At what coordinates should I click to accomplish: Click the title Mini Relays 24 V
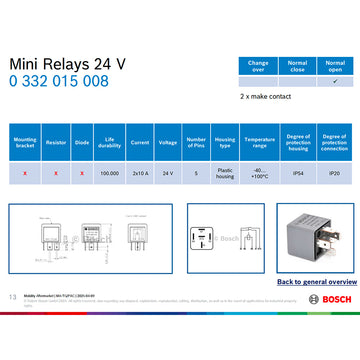(x=68, y=63)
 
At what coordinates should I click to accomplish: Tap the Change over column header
(x=258, y=65)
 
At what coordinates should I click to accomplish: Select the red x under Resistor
(x=55, y=173)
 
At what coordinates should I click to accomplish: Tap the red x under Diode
(x=82, y=173)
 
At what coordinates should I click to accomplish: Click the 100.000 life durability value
(x=110, y=173)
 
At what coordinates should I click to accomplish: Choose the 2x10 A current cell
(x=139, y=173)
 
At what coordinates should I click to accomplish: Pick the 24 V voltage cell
(x=168, y=173)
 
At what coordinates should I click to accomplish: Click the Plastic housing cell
(x=225, y=173)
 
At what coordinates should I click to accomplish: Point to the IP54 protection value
(x=297, y=173)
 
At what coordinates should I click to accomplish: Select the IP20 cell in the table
(x=333, y=173)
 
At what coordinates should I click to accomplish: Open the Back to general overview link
(x=311, y=282)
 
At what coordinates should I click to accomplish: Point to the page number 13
(x=13, y=297)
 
